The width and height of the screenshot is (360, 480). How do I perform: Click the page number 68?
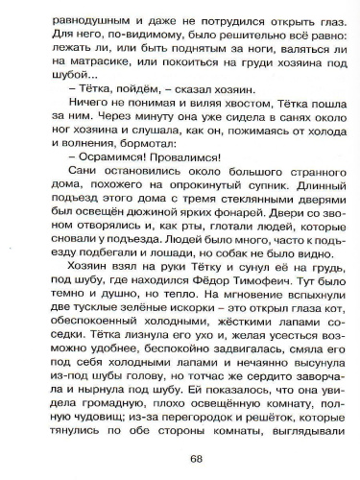tap(180, 457)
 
